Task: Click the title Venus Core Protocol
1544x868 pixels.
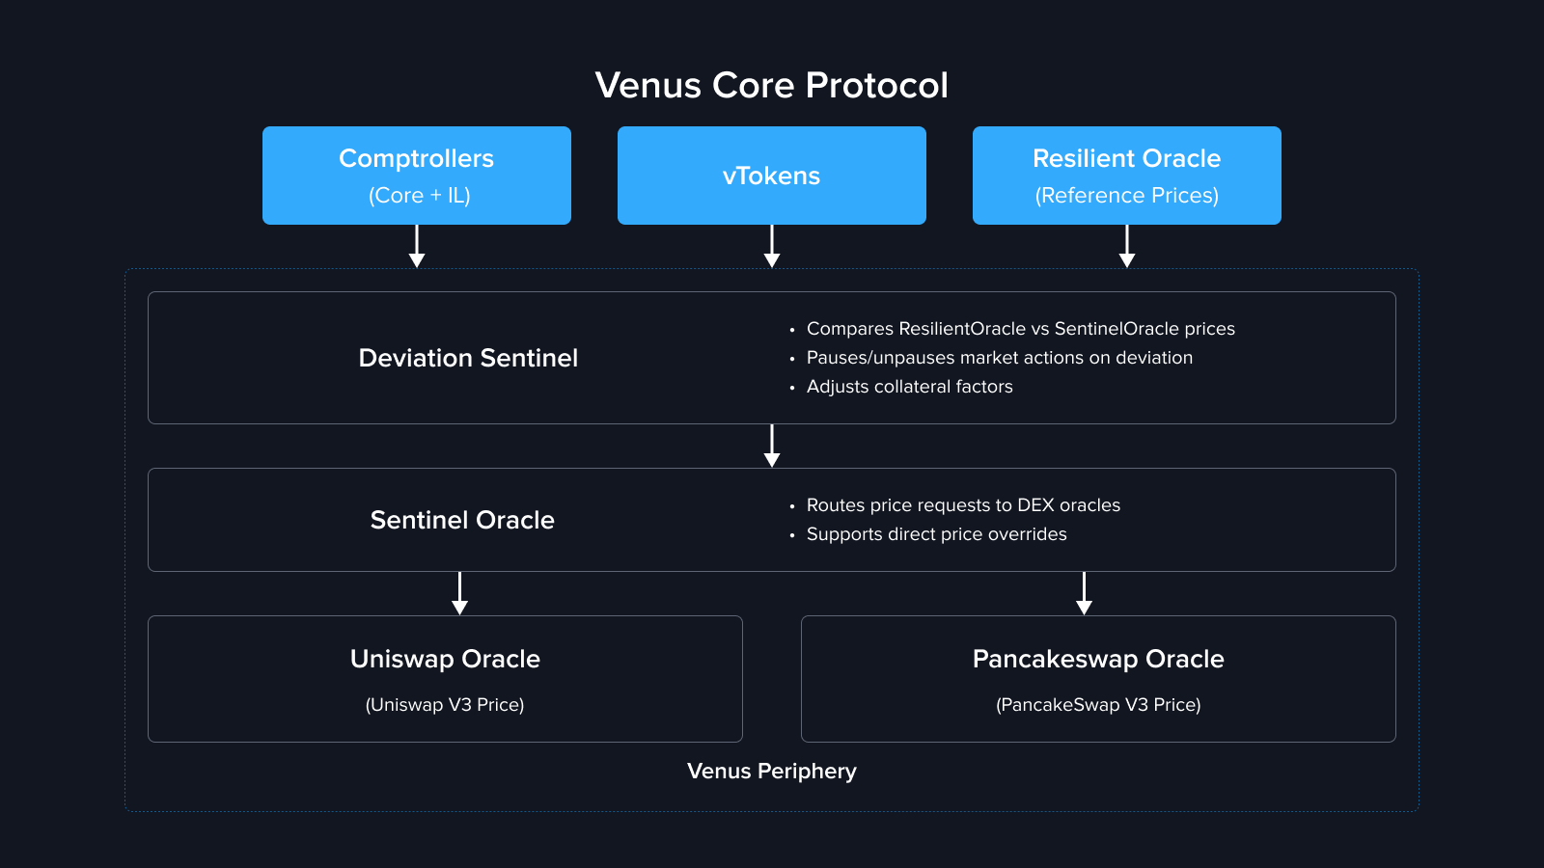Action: point(771,86)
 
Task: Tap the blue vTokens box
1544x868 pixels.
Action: point(771,176)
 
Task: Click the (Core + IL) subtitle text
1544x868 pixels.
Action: point(419,196)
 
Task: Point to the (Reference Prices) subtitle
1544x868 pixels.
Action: point(1126,196)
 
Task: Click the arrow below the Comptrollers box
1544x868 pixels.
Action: point(417,247)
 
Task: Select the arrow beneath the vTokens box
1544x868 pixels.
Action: point(772,247)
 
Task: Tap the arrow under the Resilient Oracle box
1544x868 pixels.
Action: point(1127,247)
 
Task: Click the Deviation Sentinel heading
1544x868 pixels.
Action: point(468,358)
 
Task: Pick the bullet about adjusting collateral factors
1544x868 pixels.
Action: point(909,387)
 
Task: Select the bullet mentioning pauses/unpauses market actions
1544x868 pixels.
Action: point(999,358)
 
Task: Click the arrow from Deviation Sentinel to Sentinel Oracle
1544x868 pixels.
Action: point(772,446)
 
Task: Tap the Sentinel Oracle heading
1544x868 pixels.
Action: point(462,520)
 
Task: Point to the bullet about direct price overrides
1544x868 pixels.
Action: point(936,534)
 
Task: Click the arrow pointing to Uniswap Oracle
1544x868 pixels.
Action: point(459,593)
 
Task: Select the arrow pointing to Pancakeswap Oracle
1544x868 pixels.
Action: point(1084,593)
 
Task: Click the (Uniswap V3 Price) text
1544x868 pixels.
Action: point(445,705)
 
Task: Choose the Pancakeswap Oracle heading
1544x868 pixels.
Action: point(1098,659)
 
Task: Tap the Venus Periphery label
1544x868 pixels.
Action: point(771,772)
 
